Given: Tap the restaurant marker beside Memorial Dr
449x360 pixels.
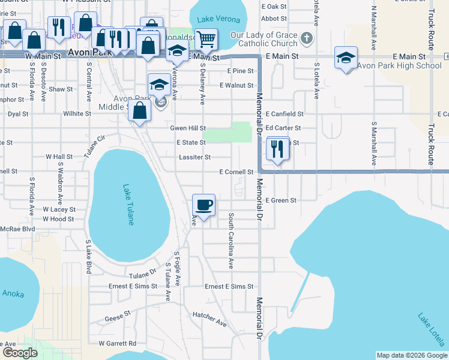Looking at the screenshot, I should tap(277, 149).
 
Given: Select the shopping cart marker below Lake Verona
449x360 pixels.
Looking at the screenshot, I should tap(206, 40).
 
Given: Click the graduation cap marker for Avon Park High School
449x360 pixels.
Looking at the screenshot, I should tap(346, 58).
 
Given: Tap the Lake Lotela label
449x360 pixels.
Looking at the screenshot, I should tap(431, 331).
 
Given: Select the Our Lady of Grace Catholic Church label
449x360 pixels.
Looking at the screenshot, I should tap(268, 39).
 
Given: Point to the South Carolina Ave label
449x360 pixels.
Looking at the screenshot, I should tap(231, 240).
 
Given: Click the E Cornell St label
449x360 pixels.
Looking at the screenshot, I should tap(236, 172).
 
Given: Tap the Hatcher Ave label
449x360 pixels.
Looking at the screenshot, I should tap(209, 319).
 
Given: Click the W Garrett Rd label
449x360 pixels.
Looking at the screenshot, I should tap(118, 343).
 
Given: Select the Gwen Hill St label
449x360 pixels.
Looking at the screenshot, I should tap(188, 128).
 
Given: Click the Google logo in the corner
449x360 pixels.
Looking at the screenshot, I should tap(20, 353).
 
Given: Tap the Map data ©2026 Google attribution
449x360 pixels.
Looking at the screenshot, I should tap(411, 355).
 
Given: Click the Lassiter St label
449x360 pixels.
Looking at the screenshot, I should tap(194, 157).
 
